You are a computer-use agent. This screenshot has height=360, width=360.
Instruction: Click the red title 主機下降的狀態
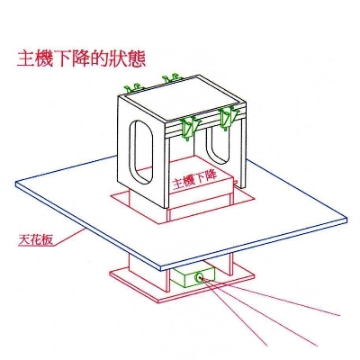[x=81, y=58]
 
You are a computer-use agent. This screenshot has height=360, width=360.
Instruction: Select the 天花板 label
[x=36, y=239]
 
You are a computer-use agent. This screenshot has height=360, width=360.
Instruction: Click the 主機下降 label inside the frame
[x=195, y=179]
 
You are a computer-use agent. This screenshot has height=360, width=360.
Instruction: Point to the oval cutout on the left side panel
[x=141, y=152]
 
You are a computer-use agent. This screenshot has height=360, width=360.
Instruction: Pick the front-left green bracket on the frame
[x=188, y=128]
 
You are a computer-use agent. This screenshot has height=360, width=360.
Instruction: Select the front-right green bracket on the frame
[x=228, y=118]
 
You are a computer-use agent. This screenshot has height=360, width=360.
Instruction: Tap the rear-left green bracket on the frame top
[x=133, y=88]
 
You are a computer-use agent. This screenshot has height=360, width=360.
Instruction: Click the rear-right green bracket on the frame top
[x=172, y=78]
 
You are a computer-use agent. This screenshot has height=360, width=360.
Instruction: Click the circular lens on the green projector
[x=199, y=278]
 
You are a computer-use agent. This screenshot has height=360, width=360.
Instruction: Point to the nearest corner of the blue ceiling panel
[x=161, y=268]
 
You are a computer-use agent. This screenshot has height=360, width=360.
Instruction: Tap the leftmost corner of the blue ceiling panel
[x=16, y=184]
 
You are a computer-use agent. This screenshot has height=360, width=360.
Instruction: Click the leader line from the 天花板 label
[x=70, y=237]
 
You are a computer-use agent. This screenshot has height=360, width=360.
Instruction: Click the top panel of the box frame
[x=182, y=98]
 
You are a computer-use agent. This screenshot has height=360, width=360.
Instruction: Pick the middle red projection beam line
[x=259, y=312]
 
